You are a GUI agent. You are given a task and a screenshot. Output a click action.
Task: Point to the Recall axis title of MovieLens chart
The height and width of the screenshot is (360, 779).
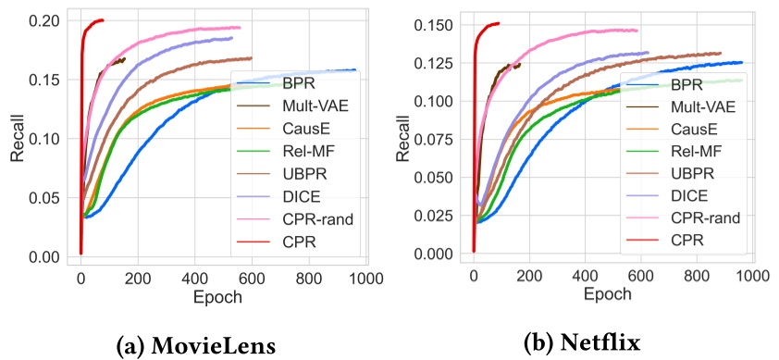[18, 139]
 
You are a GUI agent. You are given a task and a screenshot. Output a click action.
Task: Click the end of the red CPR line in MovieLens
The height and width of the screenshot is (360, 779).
[102, 19]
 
